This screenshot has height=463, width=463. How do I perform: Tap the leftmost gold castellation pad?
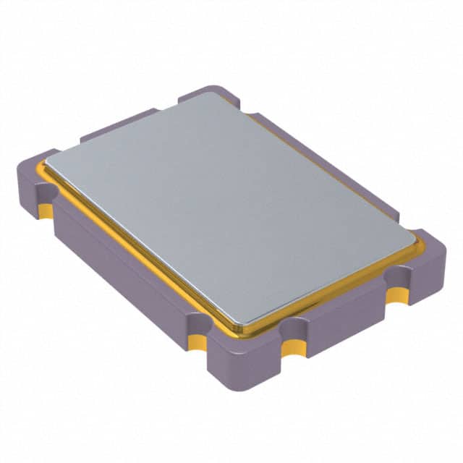pos(45,211)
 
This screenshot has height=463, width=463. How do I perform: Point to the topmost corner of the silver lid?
pos(214,93)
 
